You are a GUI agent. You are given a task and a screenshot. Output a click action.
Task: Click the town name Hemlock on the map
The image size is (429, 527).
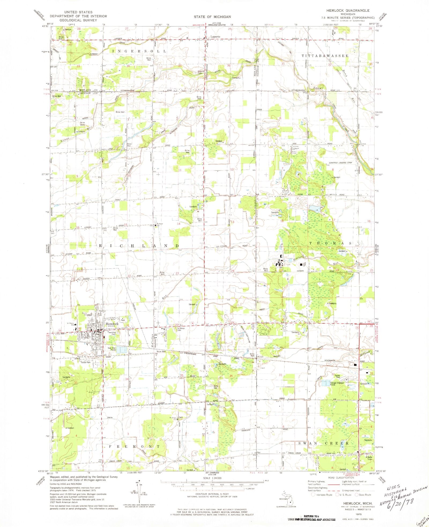click(112, 324)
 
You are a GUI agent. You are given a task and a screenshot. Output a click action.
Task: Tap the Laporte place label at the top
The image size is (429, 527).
click(215, 37)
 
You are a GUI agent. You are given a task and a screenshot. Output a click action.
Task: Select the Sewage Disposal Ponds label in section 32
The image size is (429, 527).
click(337, 384)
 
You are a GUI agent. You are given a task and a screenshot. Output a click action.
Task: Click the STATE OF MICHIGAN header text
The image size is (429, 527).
click(212, 17)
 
